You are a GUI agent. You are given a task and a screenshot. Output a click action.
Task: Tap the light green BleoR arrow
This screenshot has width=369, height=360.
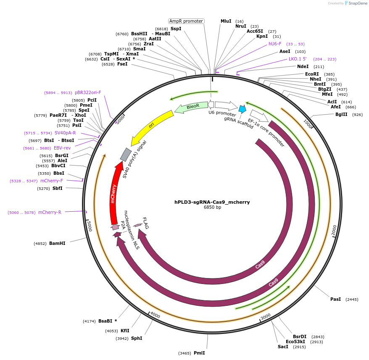(x=192, y=107)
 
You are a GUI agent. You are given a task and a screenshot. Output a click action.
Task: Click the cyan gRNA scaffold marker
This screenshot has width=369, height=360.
(x=242, y=109)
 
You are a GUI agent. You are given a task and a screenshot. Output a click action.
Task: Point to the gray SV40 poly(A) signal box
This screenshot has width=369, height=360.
(x=126, y=155)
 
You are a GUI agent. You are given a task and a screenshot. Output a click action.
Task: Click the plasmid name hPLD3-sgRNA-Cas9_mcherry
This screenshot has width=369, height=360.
(x=212, y=202)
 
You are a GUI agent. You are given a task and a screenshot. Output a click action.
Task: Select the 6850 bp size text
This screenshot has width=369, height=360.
(x=212, y=208)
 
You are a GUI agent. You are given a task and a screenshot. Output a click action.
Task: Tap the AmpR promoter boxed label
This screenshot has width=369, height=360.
(x=186, y=21)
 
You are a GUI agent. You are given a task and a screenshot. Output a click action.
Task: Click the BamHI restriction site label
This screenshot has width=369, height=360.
(x=57, y=243)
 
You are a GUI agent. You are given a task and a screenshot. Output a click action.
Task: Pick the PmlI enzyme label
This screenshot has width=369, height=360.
(x=199, y=353)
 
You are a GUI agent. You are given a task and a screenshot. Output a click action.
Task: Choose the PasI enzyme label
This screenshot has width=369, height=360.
(x=335, y=299)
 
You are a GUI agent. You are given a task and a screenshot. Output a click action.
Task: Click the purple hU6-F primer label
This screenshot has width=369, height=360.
(x=275, y=44)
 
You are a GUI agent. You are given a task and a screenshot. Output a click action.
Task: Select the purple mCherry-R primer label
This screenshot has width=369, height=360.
(x=50, y=212)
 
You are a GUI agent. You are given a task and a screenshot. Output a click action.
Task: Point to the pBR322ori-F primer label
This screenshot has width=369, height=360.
(x=88, y=92)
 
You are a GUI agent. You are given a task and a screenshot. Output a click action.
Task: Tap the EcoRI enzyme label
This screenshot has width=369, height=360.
(x=312, y=74)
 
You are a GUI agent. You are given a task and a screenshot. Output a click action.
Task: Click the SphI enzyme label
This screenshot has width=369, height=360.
(x=137, y=338)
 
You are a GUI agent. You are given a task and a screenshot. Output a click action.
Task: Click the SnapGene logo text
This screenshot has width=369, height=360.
(x=357, y=3)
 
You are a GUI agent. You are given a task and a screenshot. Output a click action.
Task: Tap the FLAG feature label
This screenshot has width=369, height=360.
(x=146, y=223)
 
